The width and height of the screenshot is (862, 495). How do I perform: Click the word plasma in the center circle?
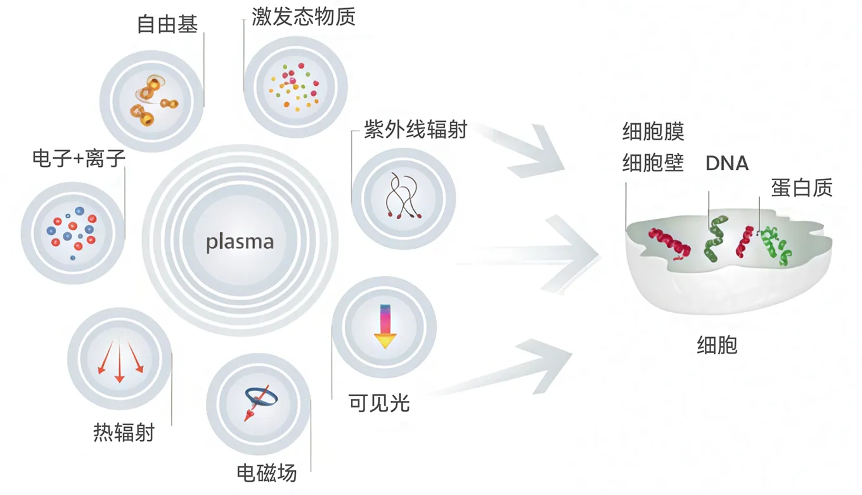[240, 242]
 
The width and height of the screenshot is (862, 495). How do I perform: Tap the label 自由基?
[167, 24]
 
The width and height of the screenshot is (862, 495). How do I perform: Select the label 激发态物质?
[304, 17]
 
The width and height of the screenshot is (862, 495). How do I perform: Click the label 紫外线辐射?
[415, 129]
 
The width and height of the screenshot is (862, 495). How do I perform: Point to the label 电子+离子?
[79, 159]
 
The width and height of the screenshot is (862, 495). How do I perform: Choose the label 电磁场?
[266, 473]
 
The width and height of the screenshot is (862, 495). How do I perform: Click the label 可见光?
[379, 403]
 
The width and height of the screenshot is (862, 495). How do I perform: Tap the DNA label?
[727, 164]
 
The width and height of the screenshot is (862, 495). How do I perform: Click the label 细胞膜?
[653, 133]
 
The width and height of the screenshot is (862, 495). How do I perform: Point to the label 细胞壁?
[653, 163]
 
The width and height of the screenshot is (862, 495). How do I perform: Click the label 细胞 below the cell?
[717, 346]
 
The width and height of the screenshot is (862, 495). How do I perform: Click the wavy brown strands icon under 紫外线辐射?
[403, 195]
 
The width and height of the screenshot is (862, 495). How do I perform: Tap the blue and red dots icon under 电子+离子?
[72, 228]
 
